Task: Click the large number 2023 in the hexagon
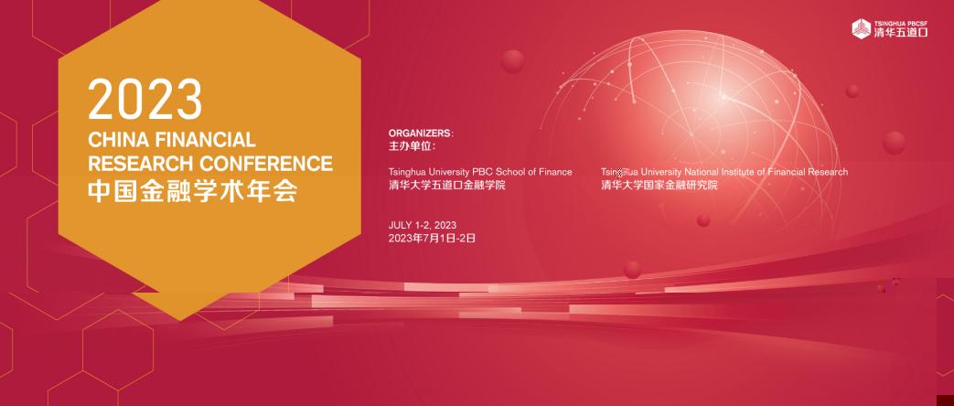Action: point(145,100)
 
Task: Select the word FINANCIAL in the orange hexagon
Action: point(206,140)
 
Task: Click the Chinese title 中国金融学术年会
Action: point(193,191)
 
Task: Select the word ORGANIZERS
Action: point(421,134)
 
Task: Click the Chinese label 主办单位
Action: point(412,146)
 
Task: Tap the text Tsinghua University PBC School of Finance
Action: point(480,172)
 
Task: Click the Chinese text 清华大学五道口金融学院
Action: point(446,185)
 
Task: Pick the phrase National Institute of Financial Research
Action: point(766,172)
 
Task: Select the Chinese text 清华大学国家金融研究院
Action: point(659,185)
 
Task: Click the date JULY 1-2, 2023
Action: point(423,226)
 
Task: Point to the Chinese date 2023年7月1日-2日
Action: point(432,239)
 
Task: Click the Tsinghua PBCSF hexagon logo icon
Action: point(861,28)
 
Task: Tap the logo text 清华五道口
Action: point(901,33)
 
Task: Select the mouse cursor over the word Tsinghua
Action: point(619,173)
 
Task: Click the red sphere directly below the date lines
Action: point(633,270)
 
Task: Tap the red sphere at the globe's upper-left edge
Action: point(513,61)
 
